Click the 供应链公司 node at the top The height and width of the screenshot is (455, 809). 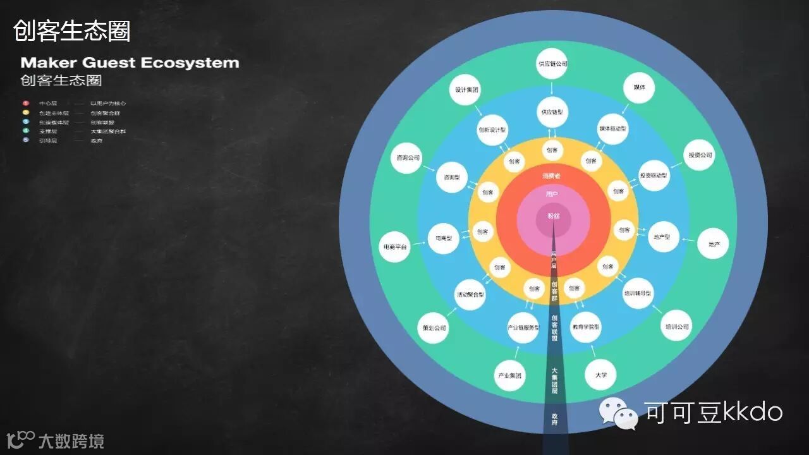552,63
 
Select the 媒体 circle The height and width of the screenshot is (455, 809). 639,87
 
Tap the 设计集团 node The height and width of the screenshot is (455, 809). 466,90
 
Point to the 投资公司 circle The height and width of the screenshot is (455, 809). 700,155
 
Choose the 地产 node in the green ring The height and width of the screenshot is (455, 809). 713,244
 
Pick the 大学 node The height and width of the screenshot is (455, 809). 600,375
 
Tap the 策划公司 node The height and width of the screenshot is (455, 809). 434,327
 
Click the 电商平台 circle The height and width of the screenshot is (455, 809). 394,246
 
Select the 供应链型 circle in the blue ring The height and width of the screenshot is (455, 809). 552,112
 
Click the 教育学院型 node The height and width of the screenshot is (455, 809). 586,327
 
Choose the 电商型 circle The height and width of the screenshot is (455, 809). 444,238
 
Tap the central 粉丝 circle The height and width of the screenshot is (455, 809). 554,216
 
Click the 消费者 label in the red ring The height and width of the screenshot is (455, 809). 551,176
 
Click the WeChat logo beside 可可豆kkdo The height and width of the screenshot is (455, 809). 619,413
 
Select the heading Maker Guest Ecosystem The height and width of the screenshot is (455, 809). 130,63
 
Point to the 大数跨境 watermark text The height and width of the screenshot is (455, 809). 71,440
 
